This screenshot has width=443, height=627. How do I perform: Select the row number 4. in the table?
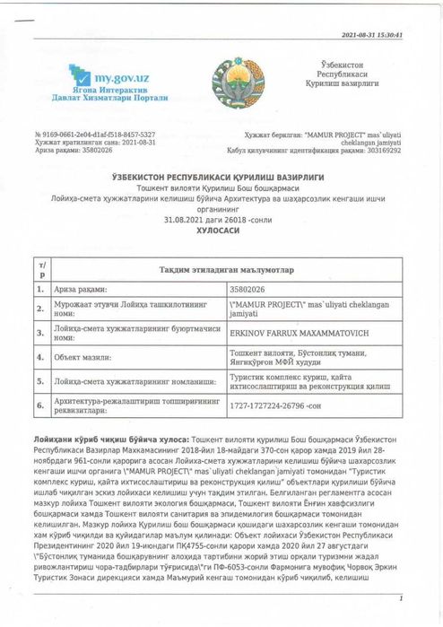pyautogui.click(x=39, y=356)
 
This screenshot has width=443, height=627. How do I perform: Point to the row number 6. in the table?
pyautogui.click(x=39, y=405)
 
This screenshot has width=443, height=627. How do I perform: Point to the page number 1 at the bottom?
pyautogui.click(x=402, y=598)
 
